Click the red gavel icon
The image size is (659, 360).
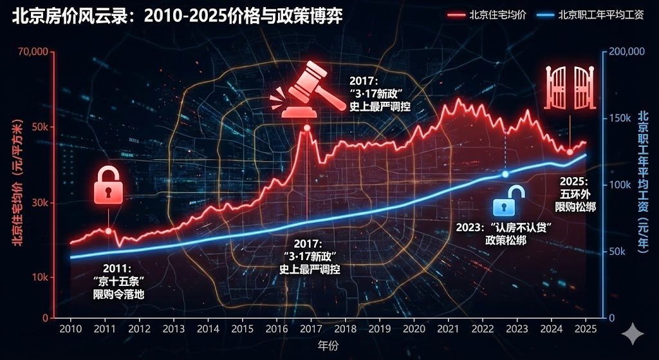click(x=304, y=90)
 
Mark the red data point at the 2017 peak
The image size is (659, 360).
click(x=307, y=128)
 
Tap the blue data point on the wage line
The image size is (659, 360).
click(x=505, y=175)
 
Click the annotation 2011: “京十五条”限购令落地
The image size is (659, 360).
click(x=117, y=282)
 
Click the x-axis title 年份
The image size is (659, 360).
click(x=328, y=345)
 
